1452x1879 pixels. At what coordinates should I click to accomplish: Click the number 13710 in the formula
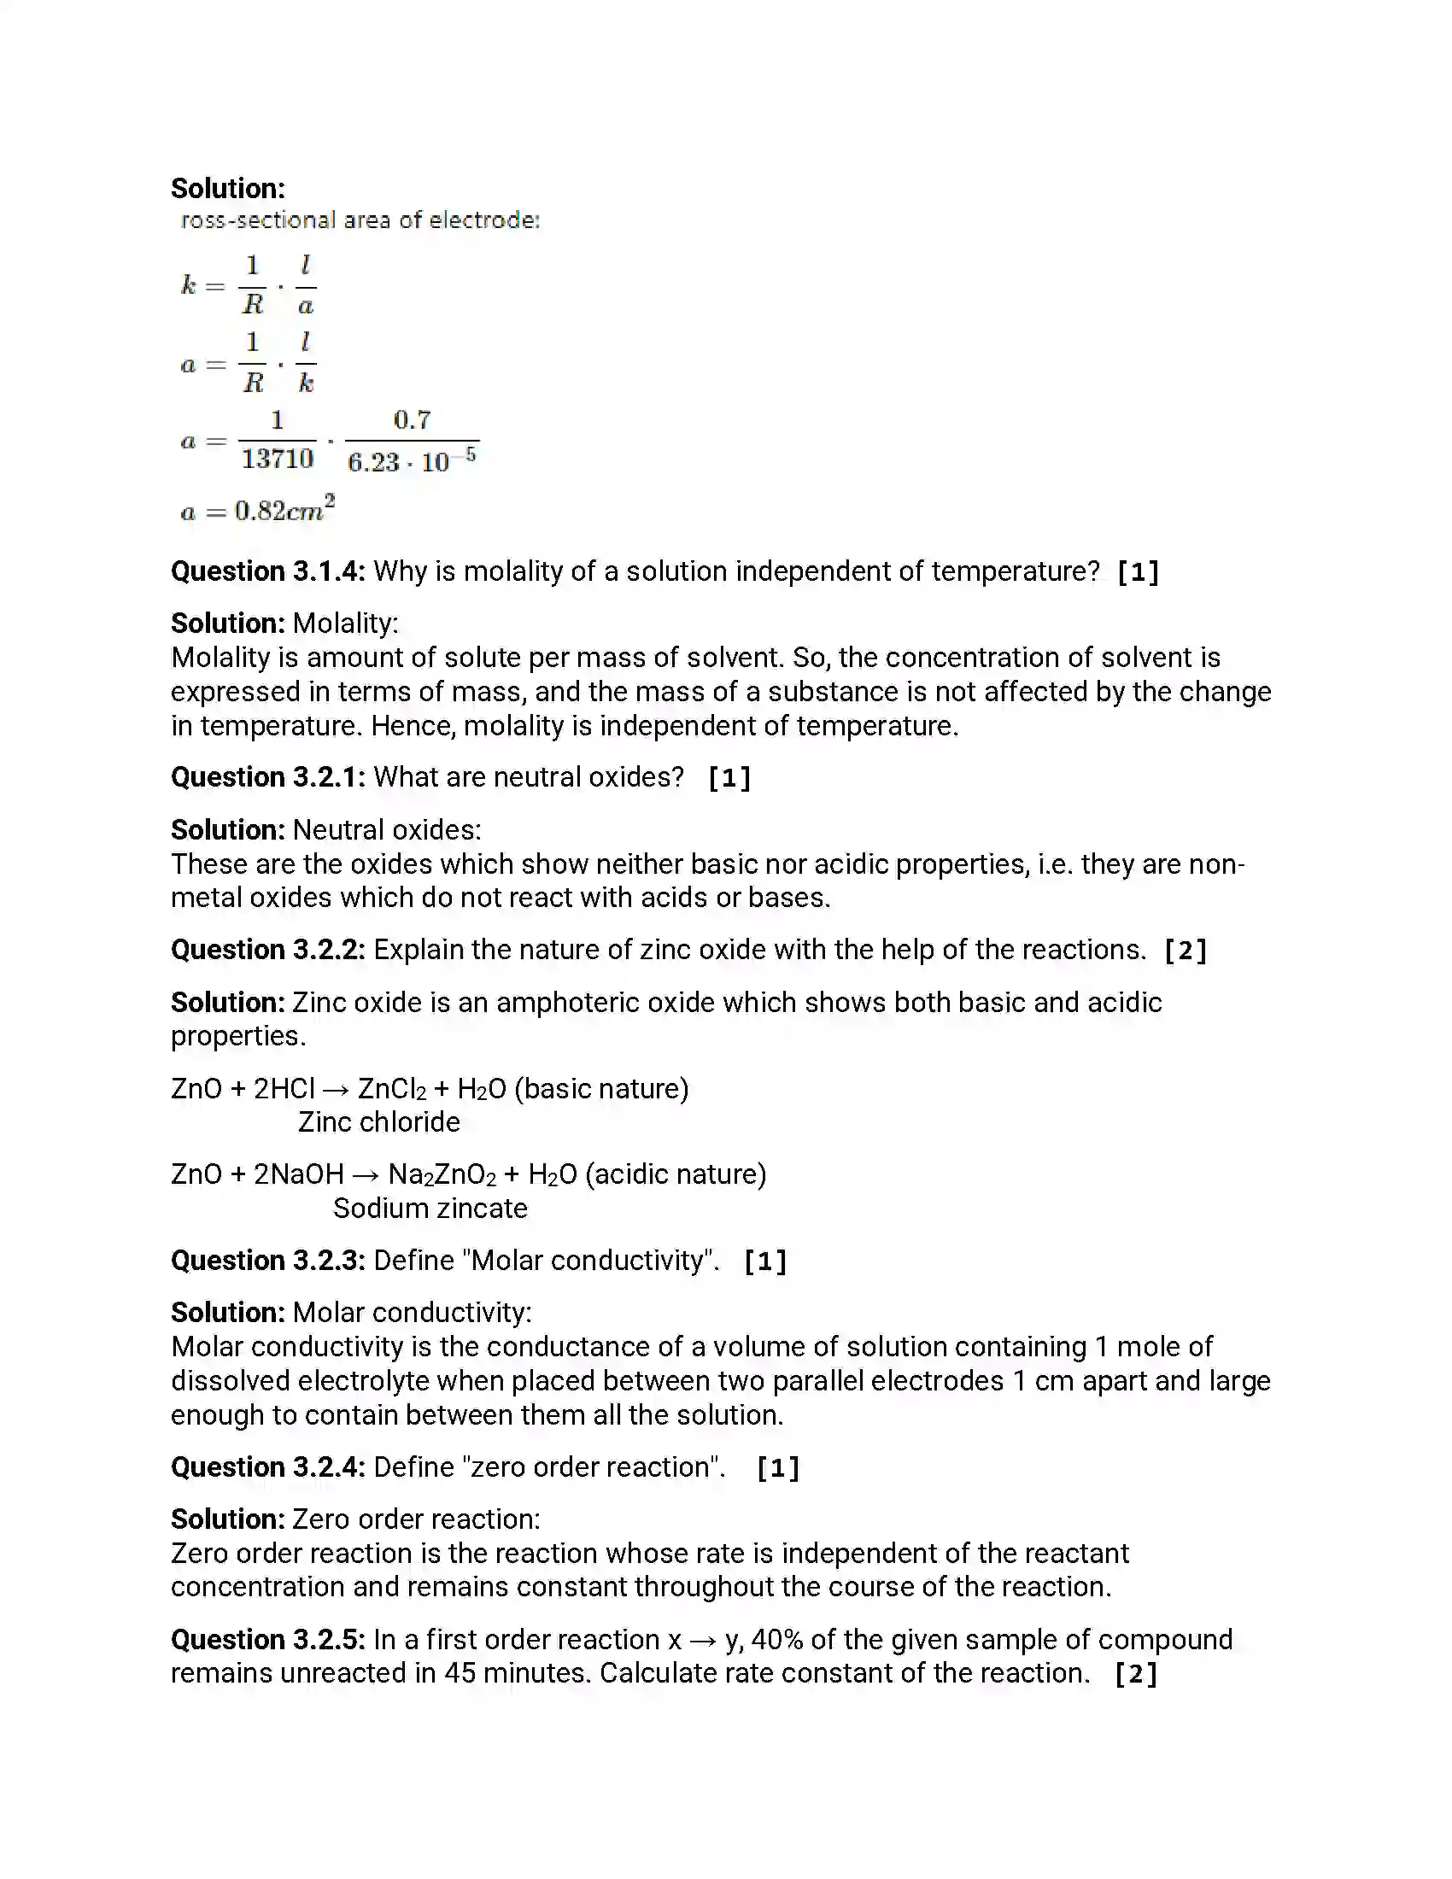pos(277,459)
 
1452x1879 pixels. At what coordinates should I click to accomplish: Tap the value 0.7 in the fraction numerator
pos(412,420)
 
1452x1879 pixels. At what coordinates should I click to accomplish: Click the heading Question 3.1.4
pos(267,571)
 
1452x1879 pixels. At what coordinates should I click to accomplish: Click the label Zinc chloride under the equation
pos(378,1122)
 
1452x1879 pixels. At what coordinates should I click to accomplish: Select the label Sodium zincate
pos(430,1208)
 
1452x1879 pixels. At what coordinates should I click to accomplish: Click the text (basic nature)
pos(601,1088)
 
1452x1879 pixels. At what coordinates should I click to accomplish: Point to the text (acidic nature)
pos(676,1174)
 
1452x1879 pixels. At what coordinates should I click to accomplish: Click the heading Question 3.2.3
pos(267,1261)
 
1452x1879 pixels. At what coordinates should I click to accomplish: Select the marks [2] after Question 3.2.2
pos(1186,951)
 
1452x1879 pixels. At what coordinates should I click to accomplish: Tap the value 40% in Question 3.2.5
pos(776,1640)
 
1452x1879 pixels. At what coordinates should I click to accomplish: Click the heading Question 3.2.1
pos(267,778)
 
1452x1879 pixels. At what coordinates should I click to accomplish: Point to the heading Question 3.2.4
pos(267,1466)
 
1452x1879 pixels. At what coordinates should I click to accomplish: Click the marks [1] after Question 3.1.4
pos(1137,572)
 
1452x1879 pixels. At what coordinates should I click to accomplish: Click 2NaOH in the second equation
pos(298,1174)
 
